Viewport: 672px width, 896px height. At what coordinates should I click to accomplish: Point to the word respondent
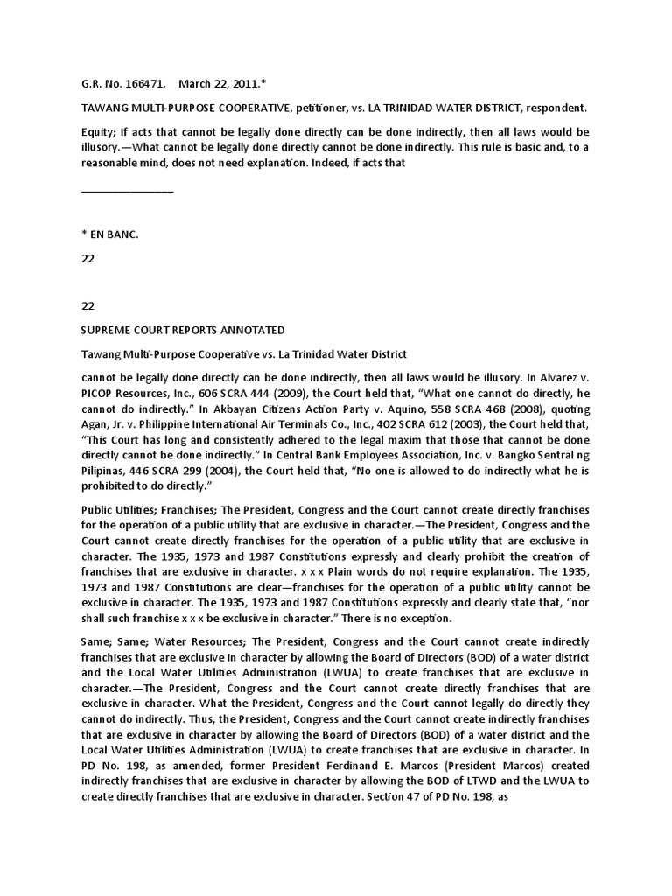(549, 108)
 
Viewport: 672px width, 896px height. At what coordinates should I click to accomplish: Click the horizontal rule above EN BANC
(127, 191)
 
